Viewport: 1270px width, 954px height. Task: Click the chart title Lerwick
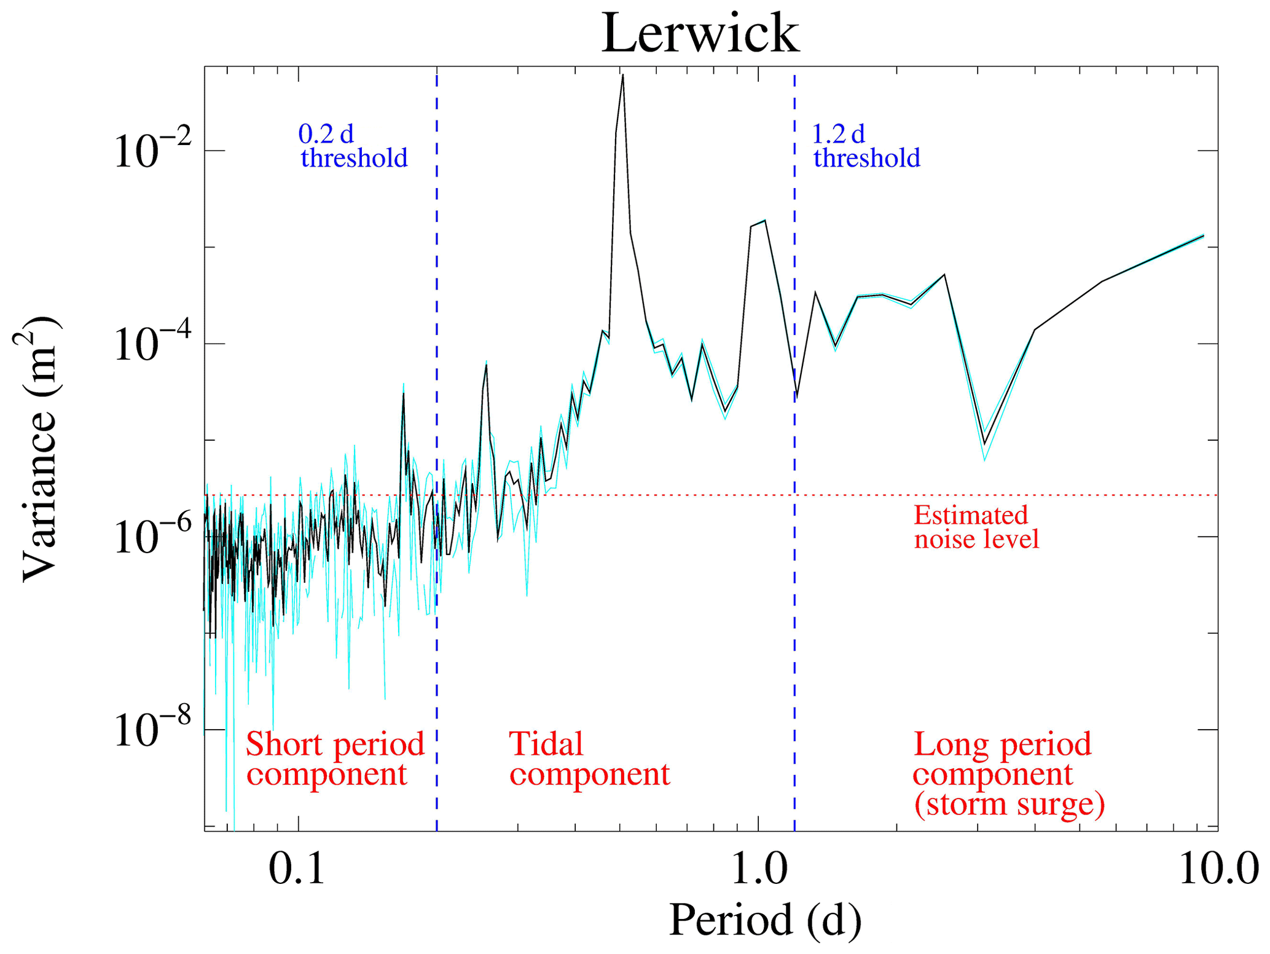click(700, 33)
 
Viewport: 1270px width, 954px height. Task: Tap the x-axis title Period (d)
click(764, 920)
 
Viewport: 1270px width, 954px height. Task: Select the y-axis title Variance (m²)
click(38, 449)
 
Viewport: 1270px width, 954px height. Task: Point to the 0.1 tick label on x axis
click(297, 870)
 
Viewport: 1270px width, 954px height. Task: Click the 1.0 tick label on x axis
click(758, 870)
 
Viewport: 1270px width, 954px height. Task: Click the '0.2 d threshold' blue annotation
click(353, 146)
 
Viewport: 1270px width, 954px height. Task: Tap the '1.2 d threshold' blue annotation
click(866, 146)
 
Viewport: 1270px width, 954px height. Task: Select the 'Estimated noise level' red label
click(976, 527)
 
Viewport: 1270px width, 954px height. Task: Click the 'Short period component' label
click(335, 759)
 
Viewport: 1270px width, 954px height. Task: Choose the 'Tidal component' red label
click(589, 759)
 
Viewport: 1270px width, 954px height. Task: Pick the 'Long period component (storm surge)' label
click(1008, 774)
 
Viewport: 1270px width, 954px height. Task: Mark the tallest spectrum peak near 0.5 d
click(622, 76)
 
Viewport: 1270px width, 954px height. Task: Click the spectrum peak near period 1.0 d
click(764, 221)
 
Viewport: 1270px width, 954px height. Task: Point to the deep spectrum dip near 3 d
click(984, 444)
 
